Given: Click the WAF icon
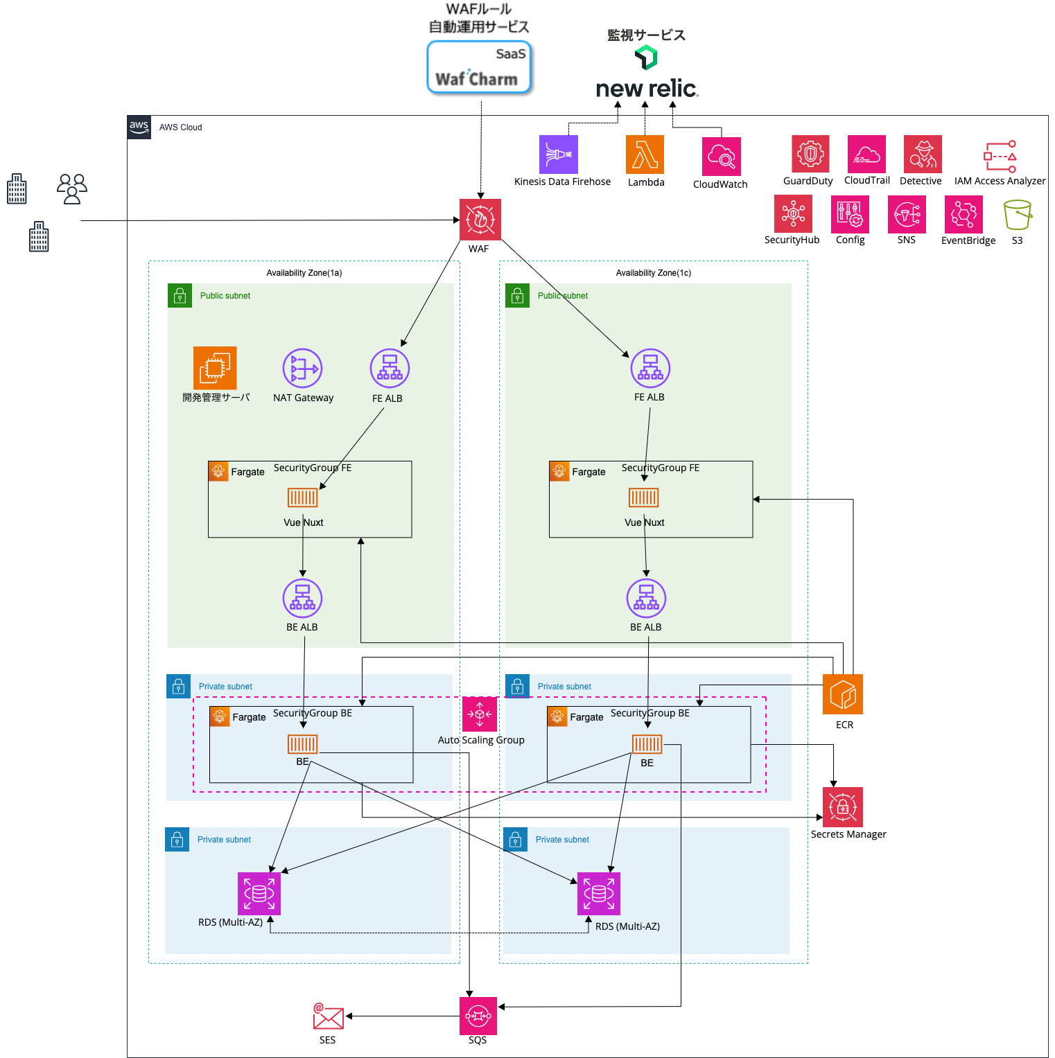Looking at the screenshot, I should tap(480, 219).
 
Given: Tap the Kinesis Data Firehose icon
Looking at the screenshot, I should tap(558, 154).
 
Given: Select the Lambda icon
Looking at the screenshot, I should tap(645, 154).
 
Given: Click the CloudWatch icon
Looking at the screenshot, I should tap(721, 156).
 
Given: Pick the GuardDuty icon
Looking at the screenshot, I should tap(810, 154).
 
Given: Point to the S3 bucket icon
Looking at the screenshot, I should tap(1018, 215).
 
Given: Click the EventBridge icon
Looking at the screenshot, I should tap(964, 214).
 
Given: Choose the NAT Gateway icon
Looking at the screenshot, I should tap(302, 368).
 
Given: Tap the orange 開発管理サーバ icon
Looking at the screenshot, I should tap(215, 368).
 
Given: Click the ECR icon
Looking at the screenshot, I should tap(843, 694).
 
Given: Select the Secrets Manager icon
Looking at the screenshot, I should tap(843, 807).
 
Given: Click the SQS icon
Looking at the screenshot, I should tap(478, 1016).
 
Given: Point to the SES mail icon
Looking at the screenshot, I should tap(328, 1017).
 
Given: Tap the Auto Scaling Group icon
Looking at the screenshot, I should tap(480, 714).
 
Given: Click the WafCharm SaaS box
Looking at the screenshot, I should tap(478, 67).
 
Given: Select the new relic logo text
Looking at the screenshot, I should tap(646, 89).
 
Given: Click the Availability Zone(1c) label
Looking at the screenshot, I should tap(653, 273).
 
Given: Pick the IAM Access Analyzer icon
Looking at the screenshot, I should tap(1000, 157).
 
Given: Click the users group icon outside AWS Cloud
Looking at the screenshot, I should tap(72, 188).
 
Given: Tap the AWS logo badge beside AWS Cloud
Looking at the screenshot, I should tap(139, 127).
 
